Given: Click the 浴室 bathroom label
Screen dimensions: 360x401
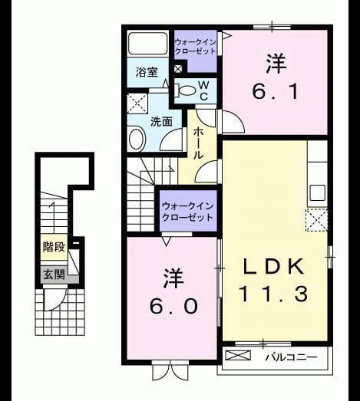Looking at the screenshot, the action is [x=147, y=72].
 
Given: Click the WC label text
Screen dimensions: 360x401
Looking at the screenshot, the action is [x=203, y=90].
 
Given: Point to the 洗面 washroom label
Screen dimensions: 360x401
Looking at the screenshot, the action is [x=161, y=121].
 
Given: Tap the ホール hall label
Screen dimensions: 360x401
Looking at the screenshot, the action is [x=198, y=143].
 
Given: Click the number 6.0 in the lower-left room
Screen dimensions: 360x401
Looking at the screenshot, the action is [x=173, y=306].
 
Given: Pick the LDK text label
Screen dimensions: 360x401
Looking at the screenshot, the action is [x=273, y=267].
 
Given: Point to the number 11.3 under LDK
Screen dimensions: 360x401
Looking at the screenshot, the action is [x=273, y=294].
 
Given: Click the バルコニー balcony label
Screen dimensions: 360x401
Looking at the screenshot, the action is [x=291, y=357].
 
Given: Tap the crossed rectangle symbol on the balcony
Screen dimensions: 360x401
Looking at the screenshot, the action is [x=238, y=355].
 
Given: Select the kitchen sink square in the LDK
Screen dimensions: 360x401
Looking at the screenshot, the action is [x=318, y=192].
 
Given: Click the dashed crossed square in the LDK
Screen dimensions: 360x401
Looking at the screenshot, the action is [x=316, y=220].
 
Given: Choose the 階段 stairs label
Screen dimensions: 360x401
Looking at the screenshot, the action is [x=54, y=247].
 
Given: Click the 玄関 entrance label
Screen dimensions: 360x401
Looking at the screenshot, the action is [x=54, y=275].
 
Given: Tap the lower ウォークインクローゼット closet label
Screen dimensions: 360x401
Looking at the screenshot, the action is [x=188, y=212].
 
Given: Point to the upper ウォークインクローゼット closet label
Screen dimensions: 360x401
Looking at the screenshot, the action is [x=196, y=47].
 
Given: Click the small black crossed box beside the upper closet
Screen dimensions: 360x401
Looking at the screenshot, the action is [x=178, y=69].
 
